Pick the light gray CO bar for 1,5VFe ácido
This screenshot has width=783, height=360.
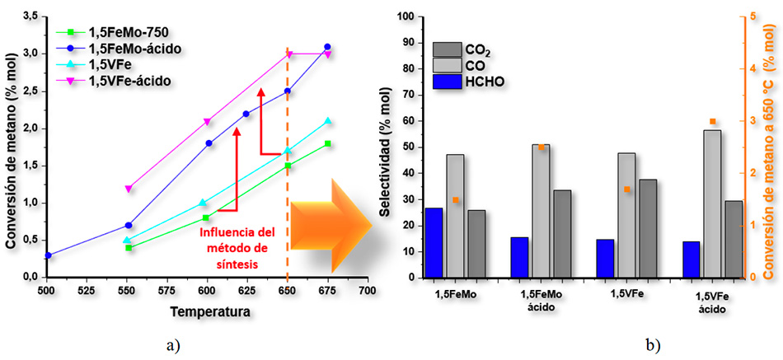click(712, 203)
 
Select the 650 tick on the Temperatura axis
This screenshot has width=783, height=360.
click(287, 292)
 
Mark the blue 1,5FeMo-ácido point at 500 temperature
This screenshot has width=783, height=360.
click(48, 255)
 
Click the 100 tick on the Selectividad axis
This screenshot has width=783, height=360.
click(406, 16)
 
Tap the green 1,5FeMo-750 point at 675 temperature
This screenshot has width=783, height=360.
click(328, 143)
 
